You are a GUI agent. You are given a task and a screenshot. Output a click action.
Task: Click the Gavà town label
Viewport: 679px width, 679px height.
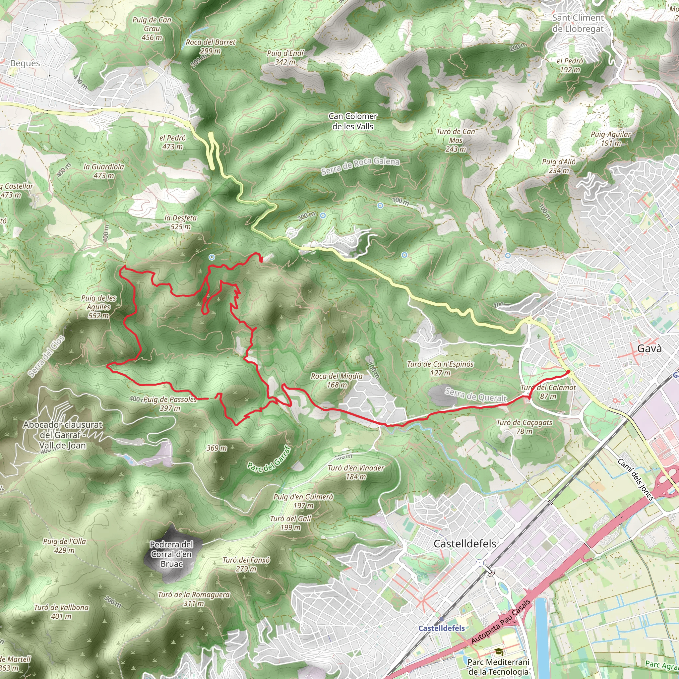point(649,349)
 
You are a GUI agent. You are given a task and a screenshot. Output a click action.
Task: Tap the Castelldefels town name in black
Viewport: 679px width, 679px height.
point(464,544)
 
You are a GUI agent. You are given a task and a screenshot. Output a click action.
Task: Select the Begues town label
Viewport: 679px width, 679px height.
point(25,63)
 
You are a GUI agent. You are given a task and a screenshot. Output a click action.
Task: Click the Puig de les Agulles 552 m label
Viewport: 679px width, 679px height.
point(98,307)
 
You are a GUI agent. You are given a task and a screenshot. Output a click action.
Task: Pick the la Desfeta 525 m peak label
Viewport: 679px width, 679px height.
point(181,222)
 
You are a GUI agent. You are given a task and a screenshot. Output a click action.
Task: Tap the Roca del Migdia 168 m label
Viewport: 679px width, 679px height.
point(337,380)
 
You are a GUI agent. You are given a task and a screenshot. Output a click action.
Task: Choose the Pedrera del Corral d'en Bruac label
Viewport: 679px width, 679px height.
point(171,554)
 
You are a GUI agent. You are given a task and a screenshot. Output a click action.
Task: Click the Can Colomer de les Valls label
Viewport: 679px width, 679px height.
point(353,121)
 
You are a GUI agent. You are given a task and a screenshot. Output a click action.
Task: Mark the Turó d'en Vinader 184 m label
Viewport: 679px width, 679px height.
point(356,472)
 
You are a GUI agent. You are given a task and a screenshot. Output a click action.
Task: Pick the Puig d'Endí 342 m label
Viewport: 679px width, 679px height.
point(285,57)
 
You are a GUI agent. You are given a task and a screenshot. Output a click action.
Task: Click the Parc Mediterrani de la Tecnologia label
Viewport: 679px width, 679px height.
point(498,666)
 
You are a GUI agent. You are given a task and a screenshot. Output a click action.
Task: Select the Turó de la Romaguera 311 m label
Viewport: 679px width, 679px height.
point(194,599)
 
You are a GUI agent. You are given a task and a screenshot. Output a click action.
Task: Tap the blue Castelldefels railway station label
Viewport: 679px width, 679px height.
point(441,628)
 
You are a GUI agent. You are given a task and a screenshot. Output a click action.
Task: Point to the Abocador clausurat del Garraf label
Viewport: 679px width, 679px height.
point(63,435)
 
